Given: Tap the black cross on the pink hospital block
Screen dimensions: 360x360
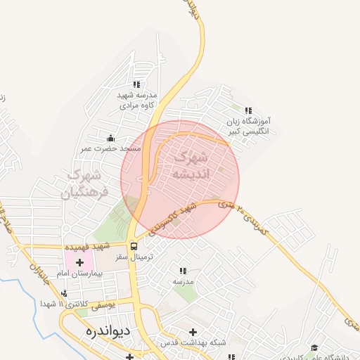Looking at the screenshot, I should (79, 262).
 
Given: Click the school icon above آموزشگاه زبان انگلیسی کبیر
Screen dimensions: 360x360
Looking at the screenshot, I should (247, 110).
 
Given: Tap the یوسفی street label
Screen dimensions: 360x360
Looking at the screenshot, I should (103, 303).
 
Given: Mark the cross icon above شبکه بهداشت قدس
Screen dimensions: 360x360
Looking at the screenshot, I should (193, 331).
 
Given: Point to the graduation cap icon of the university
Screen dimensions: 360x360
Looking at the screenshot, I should (314, 347).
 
